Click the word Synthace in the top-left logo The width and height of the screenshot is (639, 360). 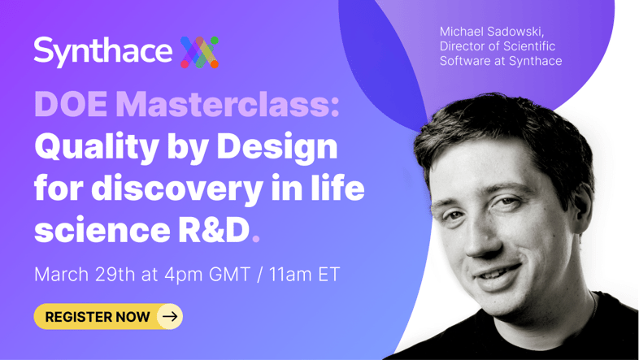pyautogui.click(x=102, y=52)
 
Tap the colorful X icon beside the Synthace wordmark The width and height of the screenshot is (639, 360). pyautogui.click(x=200, y=52)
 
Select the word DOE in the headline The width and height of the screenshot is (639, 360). pyautogui.click(x=71, y=105)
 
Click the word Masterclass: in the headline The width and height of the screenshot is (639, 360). pyautogui.click(x=228, y=105)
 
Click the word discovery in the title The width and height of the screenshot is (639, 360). pyautogui.click(x=177, y=189)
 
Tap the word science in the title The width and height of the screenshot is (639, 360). pyautogui.click(x=102, y=231)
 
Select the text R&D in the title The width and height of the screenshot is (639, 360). pyautogui.click(x=214, y=230)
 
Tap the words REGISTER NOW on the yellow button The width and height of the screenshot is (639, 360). pyautogui.click(x=98, y=317)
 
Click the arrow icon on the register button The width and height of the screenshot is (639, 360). pyautogui.click(x=170, y=316)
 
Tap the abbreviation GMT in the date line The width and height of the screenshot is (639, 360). pyautogui.click(x=229, y=275)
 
